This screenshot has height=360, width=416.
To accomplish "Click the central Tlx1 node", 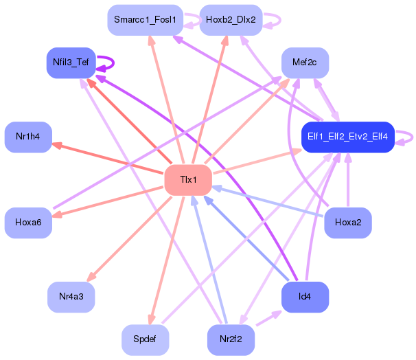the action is tap(188, 180).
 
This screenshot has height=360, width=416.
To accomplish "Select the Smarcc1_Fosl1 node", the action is tap(145, 20).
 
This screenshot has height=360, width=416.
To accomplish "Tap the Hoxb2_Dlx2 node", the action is tap(231, 20).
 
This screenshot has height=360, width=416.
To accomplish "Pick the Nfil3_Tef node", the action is tap(71, 63).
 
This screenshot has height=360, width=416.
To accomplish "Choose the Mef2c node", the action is tap(305, 63).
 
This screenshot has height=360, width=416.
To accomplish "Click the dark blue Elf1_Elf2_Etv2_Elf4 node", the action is tap(348, 137).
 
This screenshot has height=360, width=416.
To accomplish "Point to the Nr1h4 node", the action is tap(28, 137).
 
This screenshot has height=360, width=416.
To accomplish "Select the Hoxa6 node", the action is tap(28, 223).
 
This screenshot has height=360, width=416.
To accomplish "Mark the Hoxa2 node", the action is tap(348, 223).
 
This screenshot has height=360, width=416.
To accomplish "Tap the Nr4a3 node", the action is tap(71, 297).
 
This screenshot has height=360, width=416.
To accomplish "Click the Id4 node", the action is tap(305, 297).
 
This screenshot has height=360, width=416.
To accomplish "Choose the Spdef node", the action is tap(145, 340).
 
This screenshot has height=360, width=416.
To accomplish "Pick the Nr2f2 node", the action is tap(231, 340).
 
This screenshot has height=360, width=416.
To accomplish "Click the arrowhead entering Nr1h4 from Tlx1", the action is tap(57, 145).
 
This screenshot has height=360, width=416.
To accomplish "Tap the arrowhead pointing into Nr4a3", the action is tap(91, 277).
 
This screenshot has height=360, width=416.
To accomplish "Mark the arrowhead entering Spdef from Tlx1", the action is tap(152, 319).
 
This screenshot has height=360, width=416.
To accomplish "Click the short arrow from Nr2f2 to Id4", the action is tap(268, 318).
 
